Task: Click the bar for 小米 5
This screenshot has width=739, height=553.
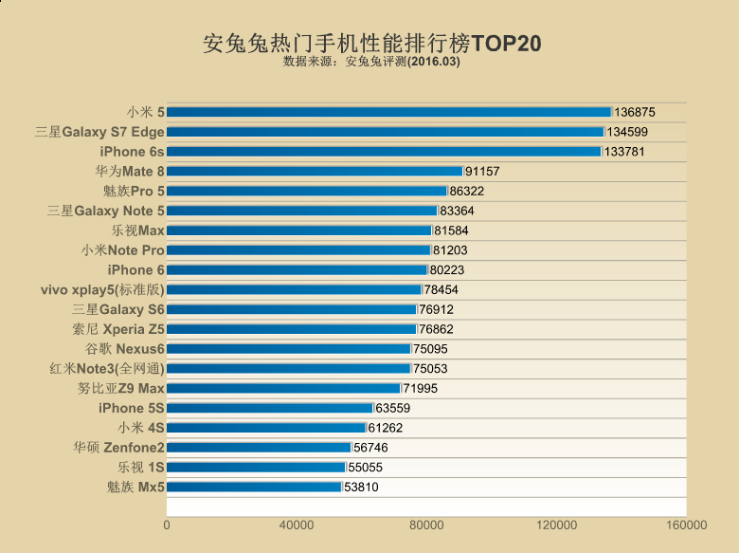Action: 388,112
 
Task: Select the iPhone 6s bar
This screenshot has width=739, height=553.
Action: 384,152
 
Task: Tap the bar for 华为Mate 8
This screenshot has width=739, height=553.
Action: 315,172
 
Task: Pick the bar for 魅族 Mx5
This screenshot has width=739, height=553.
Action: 254,488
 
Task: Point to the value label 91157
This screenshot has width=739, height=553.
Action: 482,172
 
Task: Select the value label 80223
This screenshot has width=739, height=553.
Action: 448,270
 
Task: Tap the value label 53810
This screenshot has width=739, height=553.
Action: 363,488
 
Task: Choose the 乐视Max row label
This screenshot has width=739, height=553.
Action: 138,230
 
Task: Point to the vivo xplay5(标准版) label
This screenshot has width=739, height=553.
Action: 102,290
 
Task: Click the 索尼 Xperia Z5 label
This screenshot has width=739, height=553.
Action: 118,329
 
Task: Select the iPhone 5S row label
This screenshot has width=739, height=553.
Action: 132,409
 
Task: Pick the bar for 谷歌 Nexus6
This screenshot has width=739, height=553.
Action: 289,349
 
